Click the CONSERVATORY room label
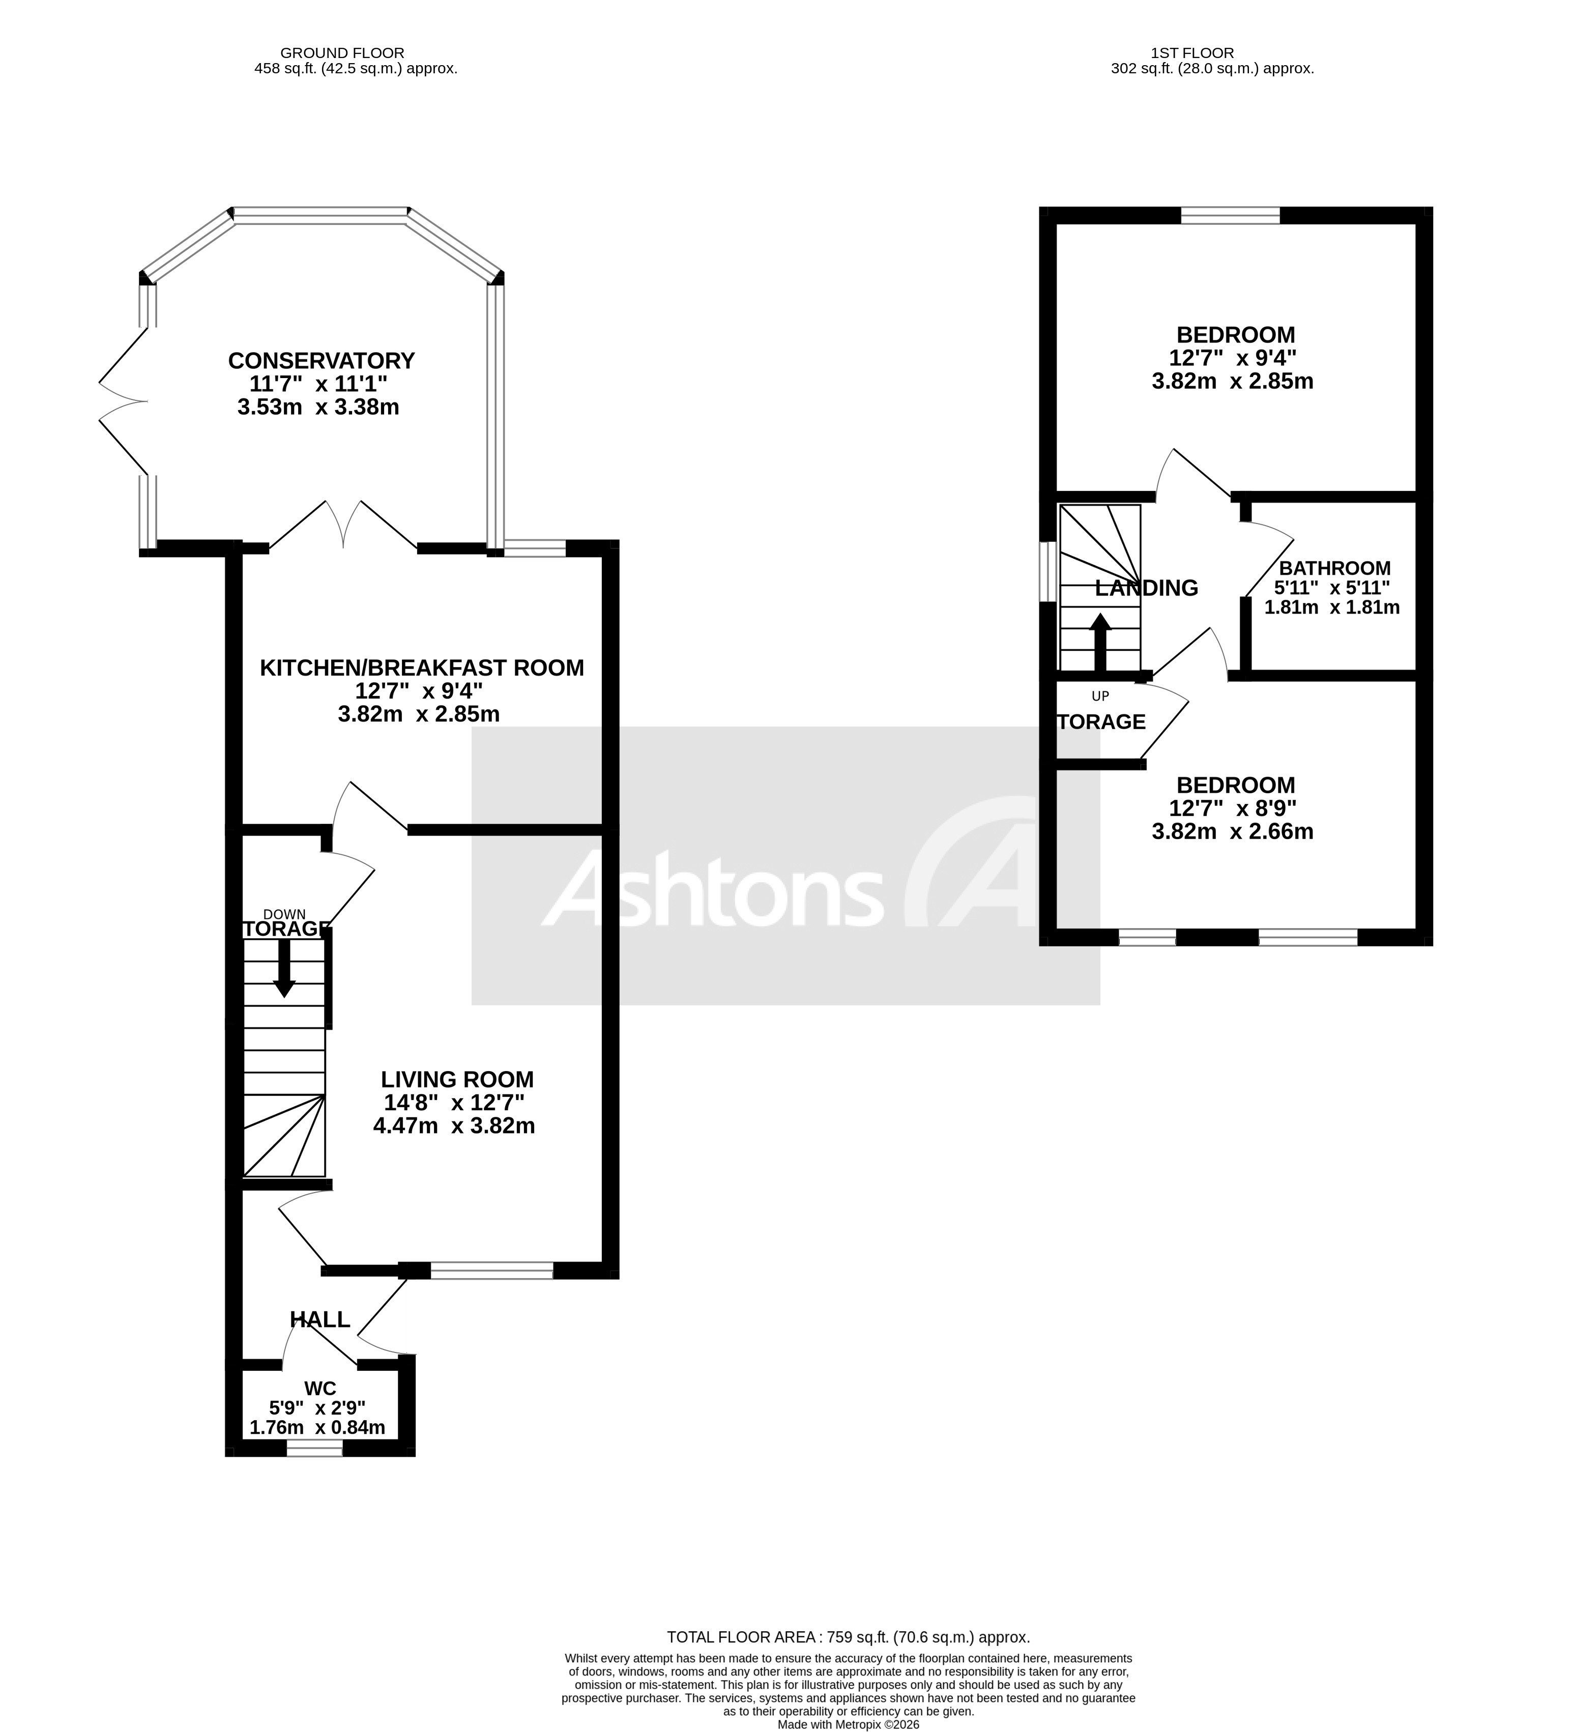coord(322,360)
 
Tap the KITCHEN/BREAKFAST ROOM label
coord(422,668)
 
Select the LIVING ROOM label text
coord(457,1079)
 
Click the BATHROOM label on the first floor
coord(1334,568)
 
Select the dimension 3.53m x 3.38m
coord(318,407)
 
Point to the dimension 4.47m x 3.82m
coord(454,1125)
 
